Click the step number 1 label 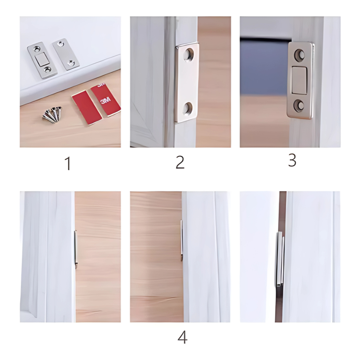pos(68,164)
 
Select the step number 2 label pos(180,162)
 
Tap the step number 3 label pos(292,160)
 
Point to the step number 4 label pos(182,337)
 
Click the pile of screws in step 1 pos(53,115)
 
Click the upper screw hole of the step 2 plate pos(188,55)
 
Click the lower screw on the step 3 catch pos(299,106)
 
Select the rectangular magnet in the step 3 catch pos(299,80)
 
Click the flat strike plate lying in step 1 pos(66,54)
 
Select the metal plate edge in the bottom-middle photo pos(181,240)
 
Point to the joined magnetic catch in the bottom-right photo pos(279,259)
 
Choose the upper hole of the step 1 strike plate pos(60,43)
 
